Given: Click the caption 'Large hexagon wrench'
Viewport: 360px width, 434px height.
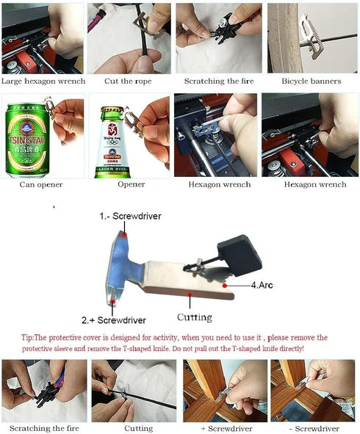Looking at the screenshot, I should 43,81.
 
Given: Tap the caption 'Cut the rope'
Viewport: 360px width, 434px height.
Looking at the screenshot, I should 130,81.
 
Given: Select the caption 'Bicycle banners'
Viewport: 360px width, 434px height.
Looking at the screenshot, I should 311,81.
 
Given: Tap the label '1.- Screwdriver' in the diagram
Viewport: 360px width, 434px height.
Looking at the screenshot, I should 130,217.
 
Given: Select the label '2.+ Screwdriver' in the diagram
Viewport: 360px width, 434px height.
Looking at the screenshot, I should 113,320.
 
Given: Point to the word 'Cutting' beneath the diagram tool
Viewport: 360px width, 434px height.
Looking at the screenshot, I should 194,318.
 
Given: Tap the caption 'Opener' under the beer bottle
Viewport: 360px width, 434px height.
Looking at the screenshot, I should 131,185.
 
